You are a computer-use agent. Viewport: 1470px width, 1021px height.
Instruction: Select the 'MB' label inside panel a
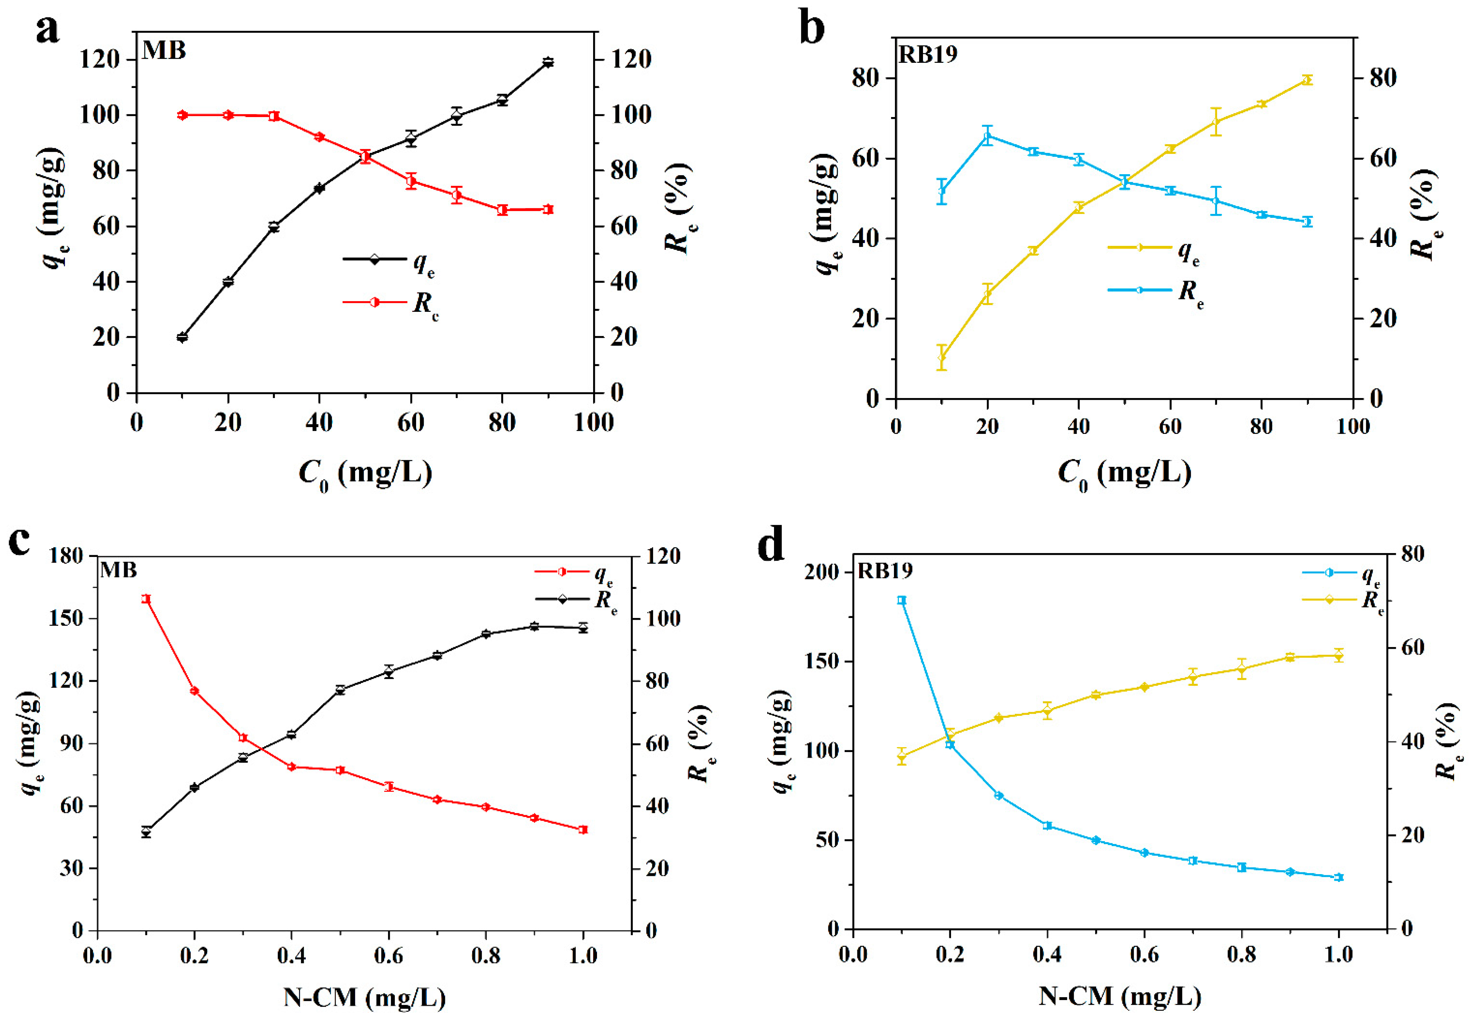point(164,50)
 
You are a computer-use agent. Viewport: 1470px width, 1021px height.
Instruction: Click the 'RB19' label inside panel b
point(928,54)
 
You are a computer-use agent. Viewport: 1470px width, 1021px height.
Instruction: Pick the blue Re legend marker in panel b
point(1139,290)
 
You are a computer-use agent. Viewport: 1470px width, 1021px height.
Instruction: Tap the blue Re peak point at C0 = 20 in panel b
point(988,136)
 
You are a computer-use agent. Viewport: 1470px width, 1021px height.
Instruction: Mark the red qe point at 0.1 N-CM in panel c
point(146,599)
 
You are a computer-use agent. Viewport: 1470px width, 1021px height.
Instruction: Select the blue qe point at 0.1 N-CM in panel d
point(901,600)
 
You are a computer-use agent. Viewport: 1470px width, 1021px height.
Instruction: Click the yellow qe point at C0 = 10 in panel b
point(941,358)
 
